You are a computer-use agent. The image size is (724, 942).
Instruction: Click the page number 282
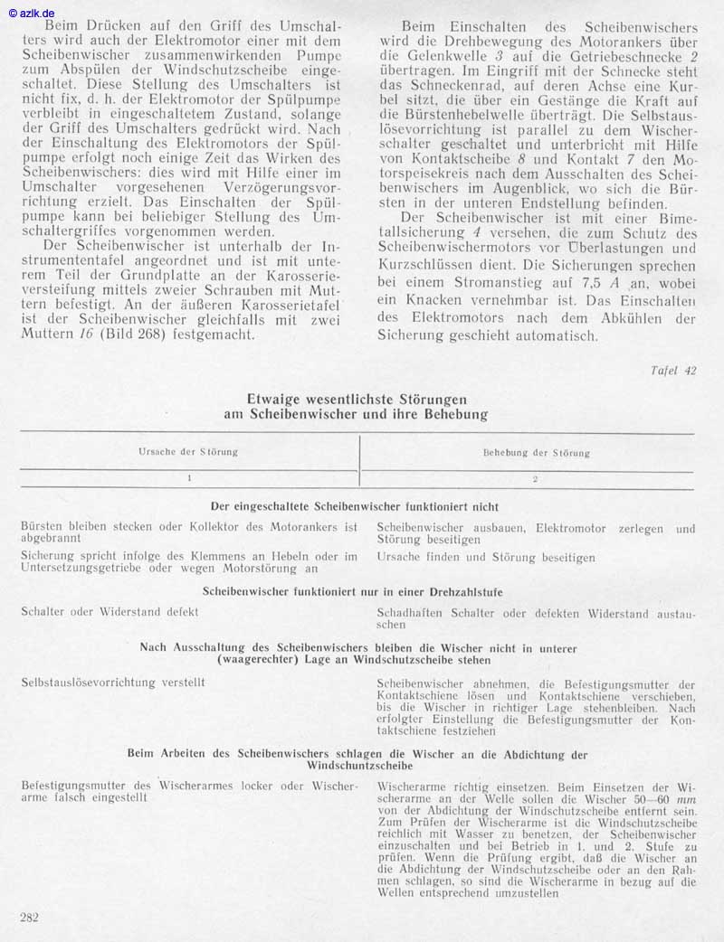pyautogui.click(x=29, y=918)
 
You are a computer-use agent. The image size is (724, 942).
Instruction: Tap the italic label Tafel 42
pyautogui.click(x=673, y=370)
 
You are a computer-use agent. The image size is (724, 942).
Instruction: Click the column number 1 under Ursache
pyautogui.click(x=189, y=477)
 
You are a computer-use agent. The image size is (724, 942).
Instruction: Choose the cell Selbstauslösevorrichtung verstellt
pyautogui.click(x=115, y=683)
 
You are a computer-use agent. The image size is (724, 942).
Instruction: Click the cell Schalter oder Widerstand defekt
pyautogui.click(x=110, y=612)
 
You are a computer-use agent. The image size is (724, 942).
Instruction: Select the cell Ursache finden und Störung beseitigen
pyautogui.click(x=486, y=558)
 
